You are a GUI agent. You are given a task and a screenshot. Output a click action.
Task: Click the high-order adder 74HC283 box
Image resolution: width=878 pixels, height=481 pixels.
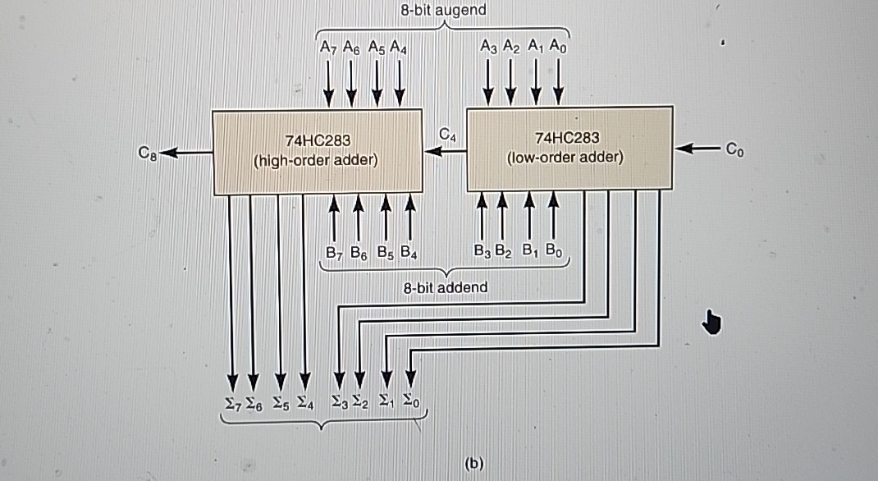pyautogui.click(x=316, y=151)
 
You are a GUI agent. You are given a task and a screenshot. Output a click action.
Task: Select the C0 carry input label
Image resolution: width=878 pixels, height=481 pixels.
pyautogui.click(x=734, y=149)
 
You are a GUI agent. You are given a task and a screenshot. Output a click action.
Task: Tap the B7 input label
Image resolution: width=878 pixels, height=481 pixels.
pyautogui.click(x=333, y=252)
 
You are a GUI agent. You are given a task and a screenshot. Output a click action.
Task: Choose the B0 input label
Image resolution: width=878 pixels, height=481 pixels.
pyautogui.click(x=555, y=250)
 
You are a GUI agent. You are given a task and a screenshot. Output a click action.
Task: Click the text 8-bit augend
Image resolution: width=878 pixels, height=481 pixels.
pyautogui.click(x=443, y=11)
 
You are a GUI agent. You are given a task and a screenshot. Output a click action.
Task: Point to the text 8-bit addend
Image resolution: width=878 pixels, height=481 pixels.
pyautogui.click(x=446, y=287)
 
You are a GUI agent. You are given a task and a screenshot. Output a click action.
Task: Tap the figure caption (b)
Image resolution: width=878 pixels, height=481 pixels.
pyautogui.click(x=474, y=463)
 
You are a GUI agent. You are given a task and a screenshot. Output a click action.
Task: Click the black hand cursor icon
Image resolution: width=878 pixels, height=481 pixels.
pyautogui.click(x=711, y=323)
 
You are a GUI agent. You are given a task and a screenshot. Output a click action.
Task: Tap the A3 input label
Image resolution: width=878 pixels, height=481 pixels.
pyautogui.click(x=489, y=46)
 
